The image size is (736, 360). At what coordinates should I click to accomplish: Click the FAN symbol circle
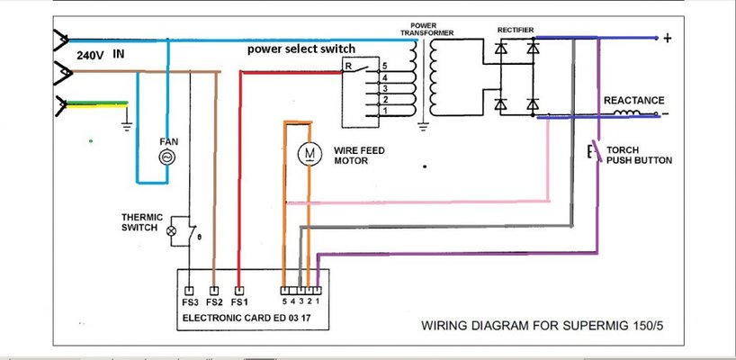pos(166,157)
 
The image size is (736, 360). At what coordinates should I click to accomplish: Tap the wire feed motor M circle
pos(309,155)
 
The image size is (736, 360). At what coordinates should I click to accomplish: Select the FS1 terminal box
pos(238,291)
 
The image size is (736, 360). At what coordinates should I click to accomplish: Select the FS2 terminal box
pos(213,291)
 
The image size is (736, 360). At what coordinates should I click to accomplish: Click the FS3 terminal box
pos(189,291)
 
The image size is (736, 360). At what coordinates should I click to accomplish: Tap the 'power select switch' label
pos(301,49)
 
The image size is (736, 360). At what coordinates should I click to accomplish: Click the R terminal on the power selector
pos(347,67)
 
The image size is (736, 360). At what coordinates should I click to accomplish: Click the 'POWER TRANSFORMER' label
pos(427,28)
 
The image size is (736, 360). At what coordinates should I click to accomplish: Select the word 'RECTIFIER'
pos(516,30)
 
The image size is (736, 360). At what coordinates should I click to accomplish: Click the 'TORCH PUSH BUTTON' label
pos(638,155)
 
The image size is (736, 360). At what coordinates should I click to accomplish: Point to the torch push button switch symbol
pos(593,151)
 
